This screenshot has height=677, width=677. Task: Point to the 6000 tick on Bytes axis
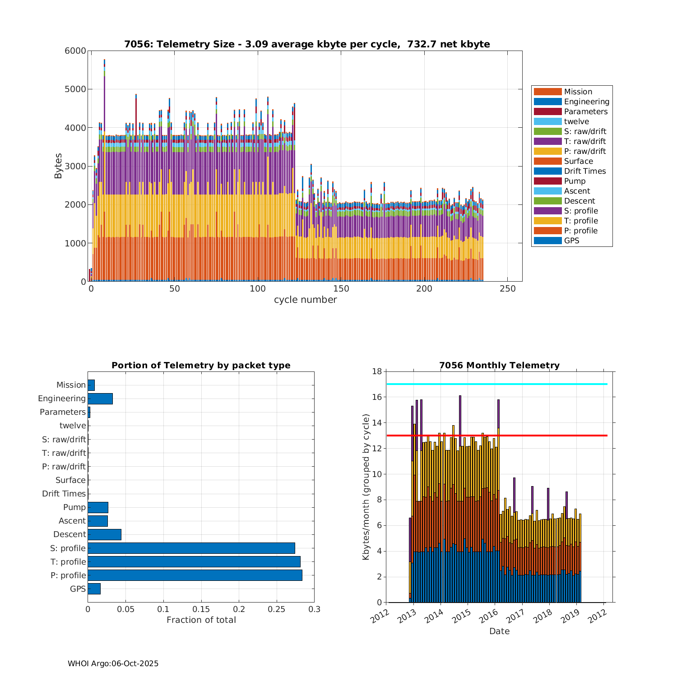pos(75,51)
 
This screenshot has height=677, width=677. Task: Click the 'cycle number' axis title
pos(305,300)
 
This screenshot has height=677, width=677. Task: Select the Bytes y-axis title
pos(58,166)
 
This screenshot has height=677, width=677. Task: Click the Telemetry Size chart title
pos(307,44)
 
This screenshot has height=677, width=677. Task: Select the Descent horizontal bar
pos(104,534)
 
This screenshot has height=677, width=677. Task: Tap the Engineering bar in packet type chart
pos(100,399)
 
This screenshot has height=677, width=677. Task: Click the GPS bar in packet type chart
pos(94,589)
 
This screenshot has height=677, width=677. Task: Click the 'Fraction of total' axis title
pos(201,620)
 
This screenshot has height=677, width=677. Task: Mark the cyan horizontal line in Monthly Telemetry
pos(496,384)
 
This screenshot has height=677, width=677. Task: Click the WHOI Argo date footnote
pos(113,663)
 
